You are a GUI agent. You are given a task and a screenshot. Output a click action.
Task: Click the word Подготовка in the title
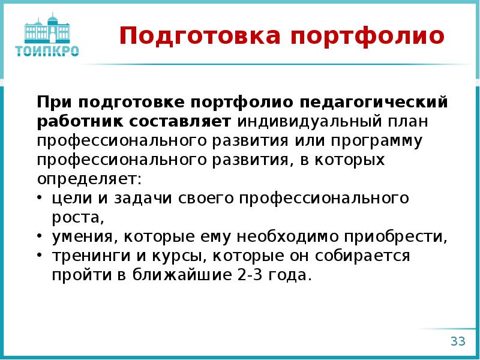point(199,36)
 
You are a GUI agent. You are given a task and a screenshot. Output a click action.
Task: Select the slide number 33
point(458,341)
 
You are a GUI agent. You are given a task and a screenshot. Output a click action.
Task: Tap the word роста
point(78,217)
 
